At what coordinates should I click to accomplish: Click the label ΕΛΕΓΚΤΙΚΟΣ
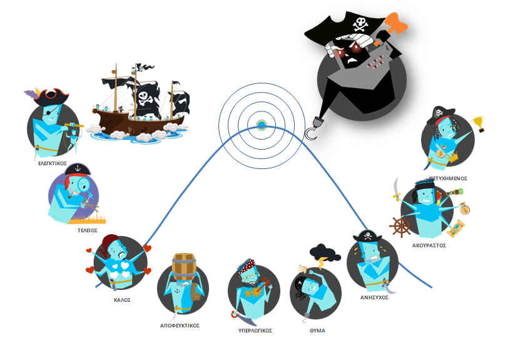[x=52, y=162]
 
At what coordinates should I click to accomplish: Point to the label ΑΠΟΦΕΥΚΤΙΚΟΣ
[x=180, y=326]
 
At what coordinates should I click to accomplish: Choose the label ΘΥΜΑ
[x=317, y=330]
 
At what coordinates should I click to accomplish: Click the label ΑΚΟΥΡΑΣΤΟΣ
[x=429, y=246]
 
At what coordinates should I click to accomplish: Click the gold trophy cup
[x=480, y=123]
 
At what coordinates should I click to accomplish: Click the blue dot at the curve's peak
[x=261, y=125]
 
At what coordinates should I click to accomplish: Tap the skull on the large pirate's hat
[x=360, y=25]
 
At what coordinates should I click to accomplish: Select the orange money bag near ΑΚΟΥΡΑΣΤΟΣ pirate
[x=464, y=208]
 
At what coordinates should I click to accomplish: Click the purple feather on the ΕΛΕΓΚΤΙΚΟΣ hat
[x=31, y=95]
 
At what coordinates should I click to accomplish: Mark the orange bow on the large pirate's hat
[x=395, y=24]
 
